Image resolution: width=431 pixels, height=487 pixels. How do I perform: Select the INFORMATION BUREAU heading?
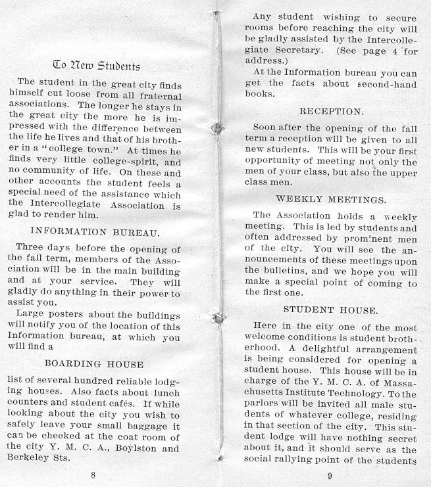coord(96,231)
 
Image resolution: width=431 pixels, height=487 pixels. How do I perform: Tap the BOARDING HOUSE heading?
coord(94,363)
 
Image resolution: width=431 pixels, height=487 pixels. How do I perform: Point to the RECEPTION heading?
coord(331,112)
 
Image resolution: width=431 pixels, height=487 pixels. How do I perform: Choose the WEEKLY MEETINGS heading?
coord(331,198)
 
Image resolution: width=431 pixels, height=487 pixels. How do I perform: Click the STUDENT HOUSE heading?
coord(330,309)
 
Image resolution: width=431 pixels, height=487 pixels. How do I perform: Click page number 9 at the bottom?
coord(329,475)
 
